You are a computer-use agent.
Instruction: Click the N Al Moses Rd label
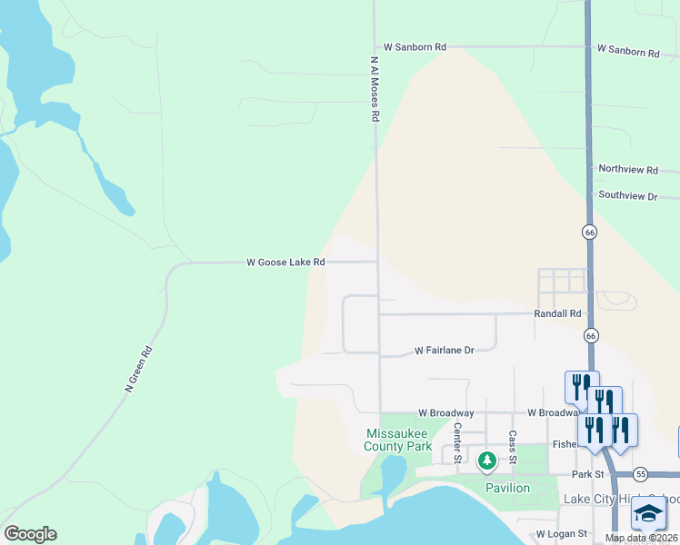click(374, 89)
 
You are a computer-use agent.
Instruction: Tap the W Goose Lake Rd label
click(285, 263)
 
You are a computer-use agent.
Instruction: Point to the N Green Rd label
click(139, 368)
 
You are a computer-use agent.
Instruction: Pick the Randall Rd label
click(557, 313)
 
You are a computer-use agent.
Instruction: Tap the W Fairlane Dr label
click(445, 350)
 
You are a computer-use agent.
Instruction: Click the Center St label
click(457, 441)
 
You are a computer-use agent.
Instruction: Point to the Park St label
click(588, 474)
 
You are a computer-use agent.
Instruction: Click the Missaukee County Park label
click(398, 440)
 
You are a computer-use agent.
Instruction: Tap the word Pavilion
click(507, 488)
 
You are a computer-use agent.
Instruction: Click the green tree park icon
click(487, 461)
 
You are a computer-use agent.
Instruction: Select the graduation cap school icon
click(648, 516)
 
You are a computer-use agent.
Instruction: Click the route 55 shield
click(641, 474)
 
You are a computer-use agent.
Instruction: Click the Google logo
click(30, 534)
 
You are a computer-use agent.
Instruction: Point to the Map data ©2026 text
click(642, 538)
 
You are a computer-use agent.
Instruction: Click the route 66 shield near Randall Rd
click(591, 335)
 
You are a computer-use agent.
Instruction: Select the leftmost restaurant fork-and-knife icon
click(581, 385)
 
